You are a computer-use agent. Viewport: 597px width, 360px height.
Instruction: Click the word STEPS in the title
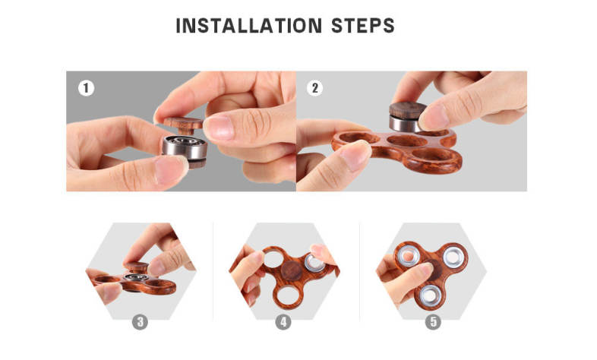[363, 26]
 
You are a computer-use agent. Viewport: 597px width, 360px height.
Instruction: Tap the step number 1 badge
[86, 88]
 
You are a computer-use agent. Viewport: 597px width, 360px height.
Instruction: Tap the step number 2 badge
[315, 88]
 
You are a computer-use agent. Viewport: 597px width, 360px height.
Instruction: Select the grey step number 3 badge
[140, 322]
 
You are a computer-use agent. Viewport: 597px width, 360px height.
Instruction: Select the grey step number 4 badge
[283, 322]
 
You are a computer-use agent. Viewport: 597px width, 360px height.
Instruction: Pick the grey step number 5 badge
[433, 322]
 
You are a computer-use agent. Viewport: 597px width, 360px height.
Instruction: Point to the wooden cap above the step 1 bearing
[183, 123]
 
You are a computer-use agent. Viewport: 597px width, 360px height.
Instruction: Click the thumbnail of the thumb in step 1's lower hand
[170, 169]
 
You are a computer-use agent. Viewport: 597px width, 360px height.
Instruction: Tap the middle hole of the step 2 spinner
[407, 141]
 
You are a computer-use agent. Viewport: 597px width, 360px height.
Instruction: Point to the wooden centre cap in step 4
[292, 270]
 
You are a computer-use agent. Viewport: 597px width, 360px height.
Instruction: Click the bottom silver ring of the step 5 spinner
[429, 295]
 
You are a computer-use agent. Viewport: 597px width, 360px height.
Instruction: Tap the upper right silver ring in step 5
[454, 256]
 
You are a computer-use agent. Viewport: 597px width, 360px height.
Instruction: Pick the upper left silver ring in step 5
[407, 255]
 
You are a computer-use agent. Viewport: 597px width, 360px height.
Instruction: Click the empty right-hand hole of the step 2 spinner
[435, 154]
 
